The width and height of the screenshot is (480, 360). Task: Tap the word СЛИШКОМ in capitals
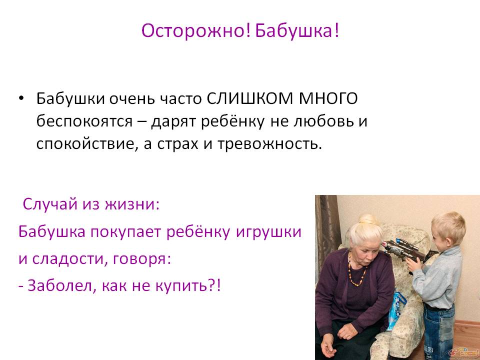[x=250, y=98]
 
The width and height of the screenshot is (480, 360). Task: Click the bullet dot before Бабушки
[x=21, y=98]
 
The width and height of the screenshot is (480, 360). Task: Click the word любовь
[x=323, y=121]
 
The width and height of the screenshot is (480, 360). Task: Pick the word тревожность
[x=269, y=144]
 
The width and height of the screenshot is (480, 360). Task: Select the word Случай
[x=50, y=204]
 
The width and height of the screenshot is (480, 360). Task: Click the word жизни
[x=132, y=204]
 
